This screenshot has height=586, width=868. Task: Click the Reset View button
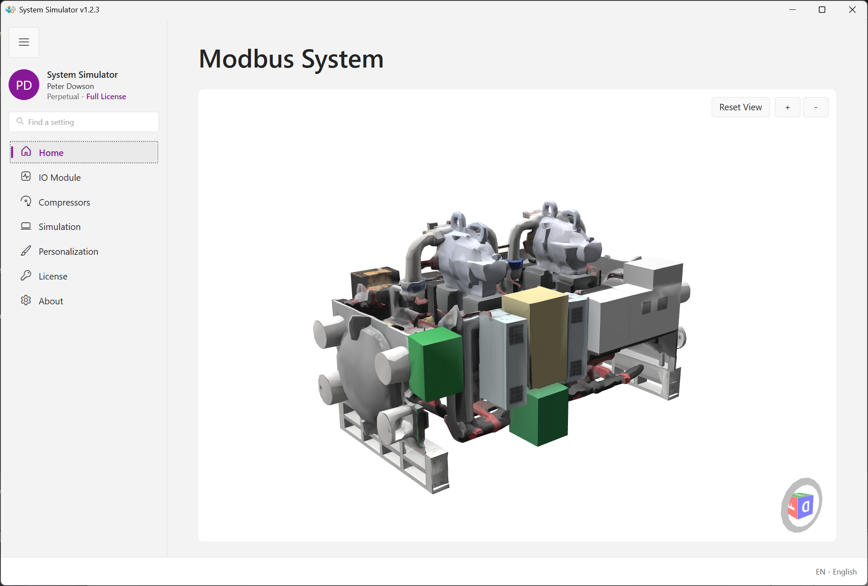tap(740, 107)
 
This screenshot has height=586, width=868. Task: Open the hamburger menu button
tap(24, 42)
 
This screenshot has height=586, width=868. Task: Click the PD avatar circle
tap(24, 85)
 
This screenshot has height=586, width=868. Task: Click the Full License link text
tap(106, 97)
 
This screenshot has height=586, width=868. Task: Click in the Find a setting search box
tap(84, 122)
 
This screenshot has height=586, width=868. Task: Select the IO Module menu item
tap(59, 177)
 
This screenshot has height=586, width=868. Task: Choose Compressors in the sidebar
tap(64, 202)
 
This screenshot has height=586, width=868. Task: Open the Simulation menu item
tap(59, 227)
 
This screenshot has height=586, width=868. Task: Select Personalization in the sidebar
tap(68, 252)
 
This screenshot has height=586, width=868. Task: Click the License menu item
tap(53, 277)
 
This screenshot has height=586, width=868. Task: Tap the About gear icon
tap(26, 300)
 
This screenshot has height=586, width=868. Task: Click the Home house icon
tap(26, 152)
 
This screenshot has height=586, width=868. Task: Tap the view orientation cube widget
tap(801, 506)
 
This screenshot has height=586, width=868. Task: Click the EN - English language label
tap(836, 572)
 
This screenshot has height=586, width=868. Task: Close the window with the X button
tap(852, 10)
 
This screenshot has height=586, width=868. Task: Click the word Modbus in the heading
tap(247, 59)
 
